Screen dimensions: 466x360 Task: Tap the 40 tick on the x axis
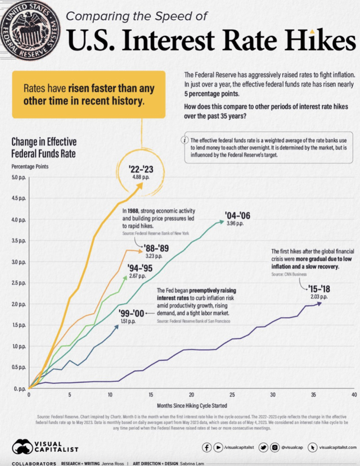(353, 395)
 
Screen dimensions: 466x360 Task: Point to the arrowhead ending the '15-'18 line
(320, 303)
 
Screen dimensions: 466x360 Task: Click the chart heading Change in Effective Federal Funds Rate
(44, 147)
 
